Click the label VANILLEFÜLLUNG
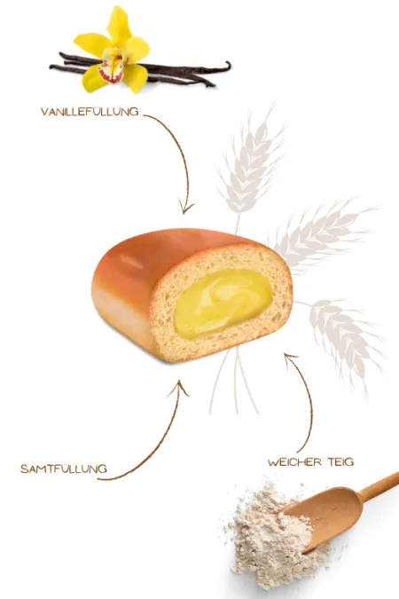tap(90, 112)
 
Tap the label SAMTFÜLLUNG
tap(64, 469)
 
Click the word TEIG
tap(341, 462)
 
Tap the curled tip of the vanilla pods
tap(228, 65)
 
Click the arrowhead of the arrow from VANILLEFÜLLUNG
tap(187, 209)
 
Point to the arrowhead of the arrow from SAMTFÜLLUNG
tap(179, 387)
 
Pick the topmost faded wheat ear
tap(252, 161)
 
